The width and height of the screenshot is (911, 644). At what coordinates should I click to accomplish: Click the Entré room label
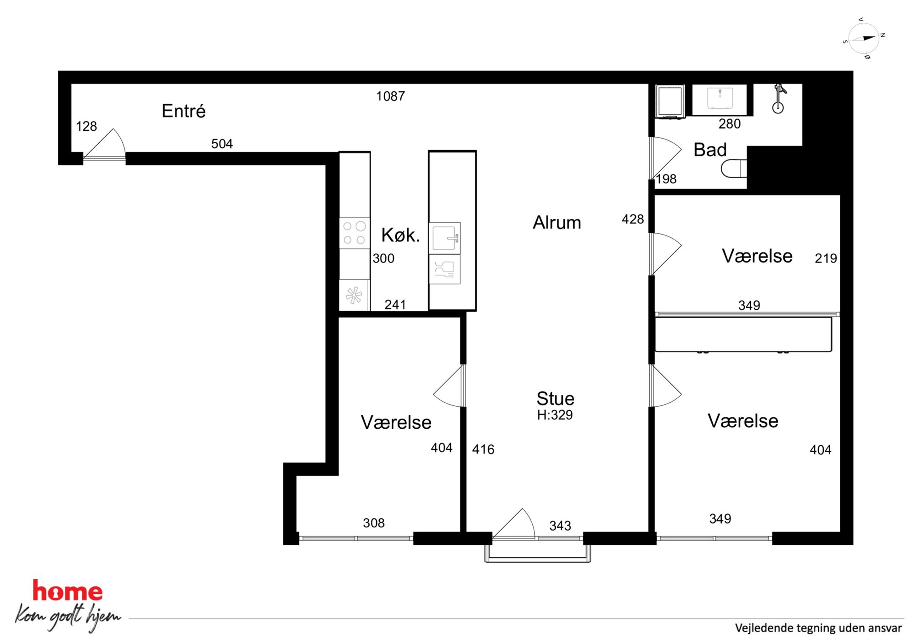point(184,111)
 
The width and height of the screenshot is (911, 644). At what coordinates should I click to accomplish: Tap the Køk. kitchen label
point(400,235)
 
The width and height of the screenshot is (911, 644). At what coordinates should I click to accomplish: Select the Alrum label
point(557,223)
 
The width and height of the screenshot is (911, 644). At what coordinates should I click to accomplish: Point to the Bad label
point(710,150)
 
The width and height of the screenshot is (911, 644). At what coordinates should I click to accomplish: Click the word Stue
point(556,398)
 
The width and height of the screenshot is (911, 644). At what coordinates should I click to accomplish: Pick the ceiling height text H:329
point(555,415)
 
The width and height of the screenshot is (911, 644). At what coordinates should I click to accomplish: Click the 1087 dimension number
point(391,96)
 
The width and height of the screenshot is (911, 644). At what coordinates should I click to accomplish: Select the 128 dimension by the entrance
point(86,126)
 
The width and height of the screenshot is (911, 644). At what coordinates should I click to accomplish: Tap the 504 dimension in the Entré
point(222,144)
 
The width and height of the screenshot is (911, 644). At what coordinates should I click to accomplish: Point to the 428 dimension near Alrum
point(633,219)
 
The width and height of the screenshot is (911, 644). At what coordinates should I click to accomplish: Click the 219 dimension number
point(826,258)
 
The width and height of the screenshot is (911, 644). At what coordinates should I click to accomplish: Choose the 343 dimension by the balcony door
point(560,526)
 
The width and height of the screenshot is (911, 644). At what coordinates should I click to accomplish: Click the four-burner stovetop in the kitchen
point(354,233)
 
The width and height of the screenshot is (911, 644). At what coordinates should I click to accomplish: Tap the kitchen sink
point(444,238)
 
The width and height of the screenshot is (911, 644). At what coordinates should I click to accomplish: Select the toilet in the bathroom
point(734,168)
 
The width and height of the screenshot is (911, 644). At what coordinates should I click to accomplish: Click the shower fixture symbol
point(778,98)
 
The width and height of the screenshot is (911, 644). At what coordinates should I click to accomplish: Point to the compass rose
point(864,39)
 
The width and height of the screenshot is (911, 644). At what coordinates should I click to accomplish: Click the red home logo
point(67,591)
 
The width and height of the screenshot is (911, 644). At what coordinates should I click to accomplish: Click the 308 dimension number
point(374,523)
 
